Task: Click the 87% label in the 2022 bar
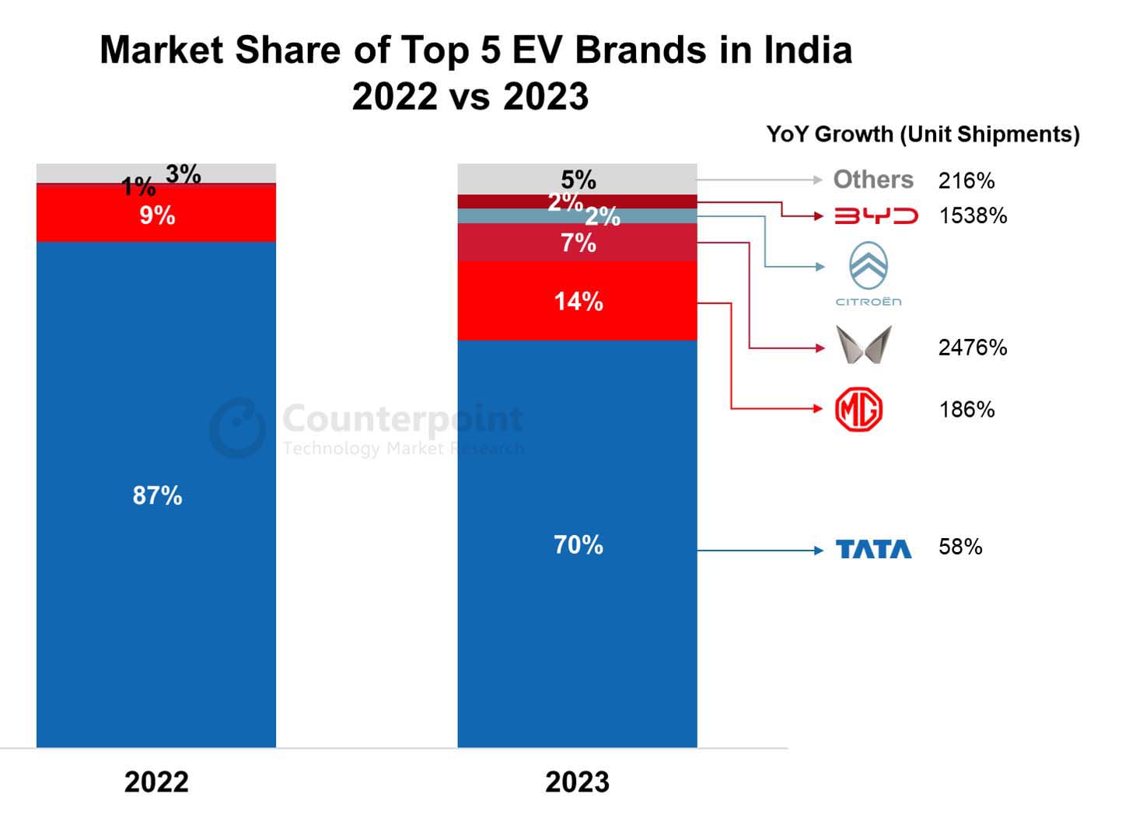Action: point(157,495)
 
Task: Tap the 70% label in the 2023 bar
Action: point(578,544)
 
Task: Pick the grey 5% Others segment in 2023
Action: point(578,180)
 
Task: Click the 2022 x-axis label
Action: point(156,781)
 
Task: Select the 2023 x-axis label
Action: point(577,781)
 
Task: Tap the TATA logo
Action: point(873,549)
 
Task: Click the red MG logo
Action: point(858,410)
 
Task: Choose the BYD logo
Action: point(876,216)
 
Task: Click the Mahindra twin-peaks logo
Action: point(863,345)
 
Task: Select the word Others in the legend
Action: point(873,180)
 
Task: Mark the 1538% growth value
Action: point(973,216)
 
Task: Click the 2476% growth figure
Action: point(973,347)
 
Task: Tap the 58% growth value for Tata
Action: point(960,547)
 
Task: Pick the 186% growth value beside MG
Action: point(966,410)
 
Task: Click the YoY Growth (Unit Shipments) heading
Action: point(923,135)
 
